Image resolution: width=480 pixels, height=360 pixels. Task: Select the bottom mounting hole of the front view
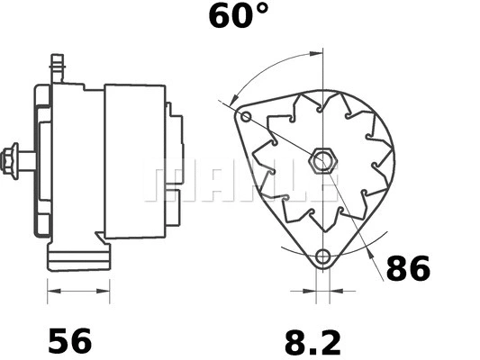322,257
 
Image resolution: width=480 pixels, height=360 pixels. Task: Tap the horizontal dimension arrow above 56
78,291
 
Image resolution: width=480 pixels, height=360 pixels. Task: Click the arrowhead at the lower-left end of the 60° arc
233,98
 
